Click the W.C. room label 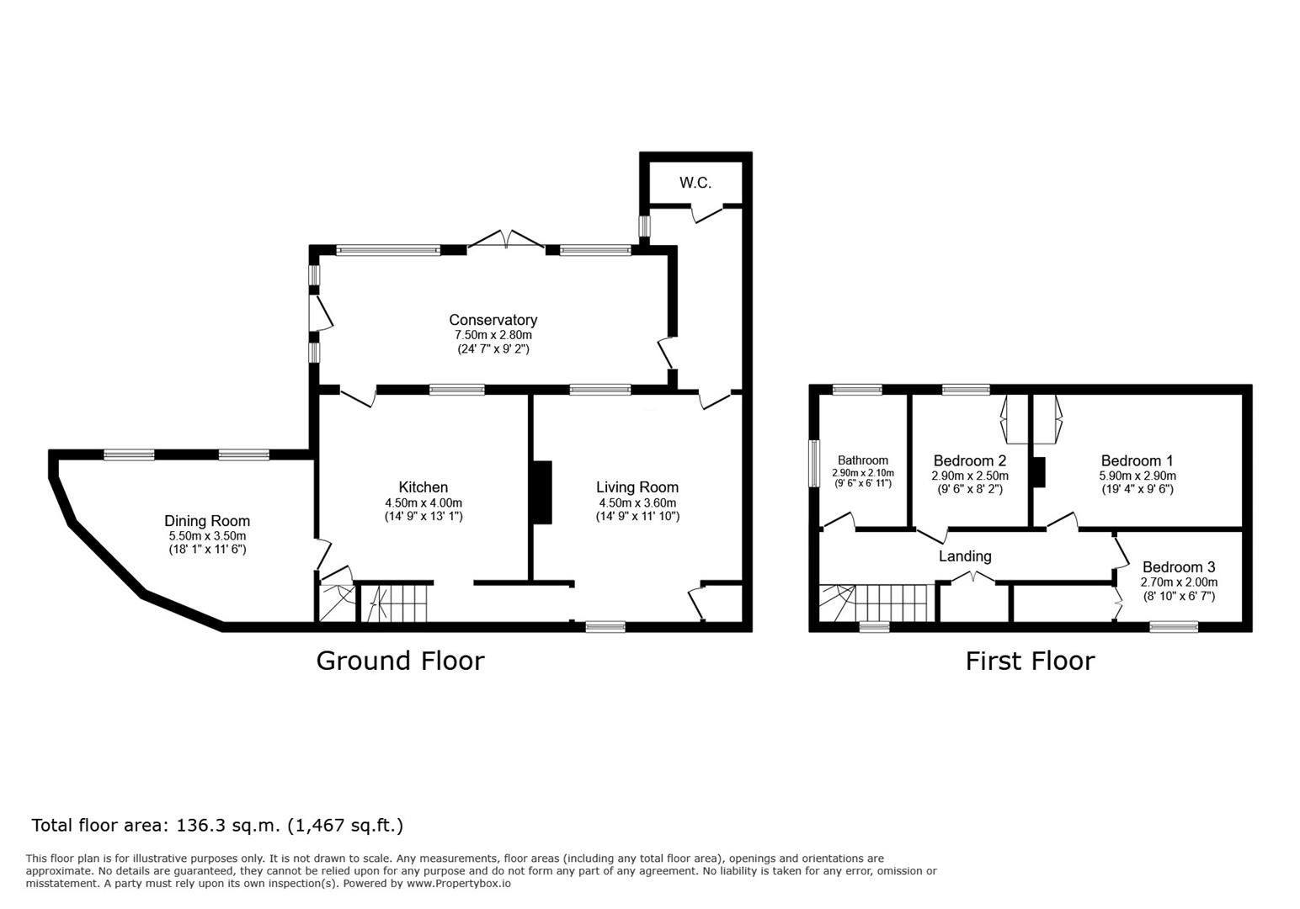tap(695, 183)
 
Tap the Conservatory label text tap(493, 320)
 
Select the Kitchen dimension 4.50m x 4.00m tap(424, 503)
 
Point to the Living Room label tap(637, 487)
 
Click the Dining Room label tap(207, 521)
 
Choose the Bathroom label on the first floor tap(863, 460)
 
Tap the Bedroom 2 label tap(970, 460)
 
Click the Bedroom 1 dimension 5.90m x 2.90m tap(1137, 476)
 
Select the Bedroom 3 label tap(1180, 566)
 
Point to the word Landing tap(965, 556)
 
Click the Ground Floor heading tap(401, 661)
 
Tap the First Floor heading tap(1030, 661)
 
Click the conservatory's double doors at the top tap(507, 240)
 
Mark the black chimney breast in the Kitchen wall tap(542, 492)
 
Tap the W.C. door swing tap(707, 213)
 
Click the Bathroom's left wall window tap(814, 464)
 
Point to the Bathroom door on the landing tap(839, 521)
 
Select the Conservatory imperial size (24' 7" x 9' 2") tap(493, 349)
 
